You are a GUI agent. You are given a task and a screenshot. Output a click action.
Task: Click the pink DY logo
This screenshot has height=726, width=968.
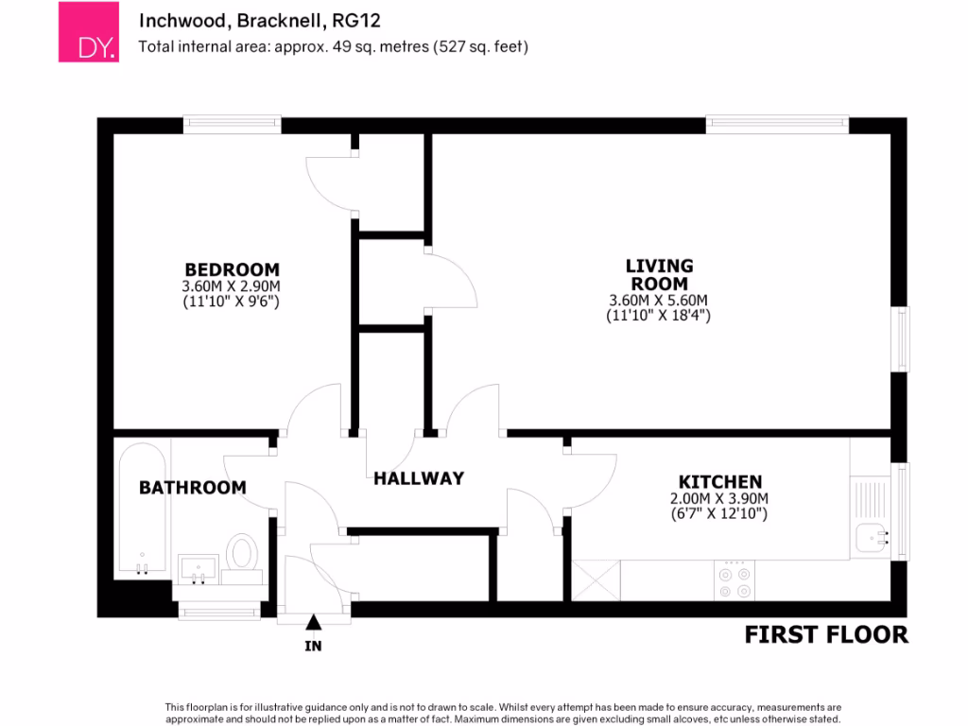coord(89,32)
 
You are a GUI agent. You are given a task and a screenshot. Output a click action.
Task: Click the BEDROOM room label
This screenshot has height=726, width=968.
coord(232,269)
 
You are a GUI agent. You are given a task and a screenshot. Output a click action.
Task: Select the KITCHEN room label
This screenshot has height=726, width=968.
coord(719,482)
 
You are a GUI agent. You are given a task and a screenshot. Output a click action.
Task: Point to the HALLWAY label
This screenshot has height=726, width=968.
coord(419,478)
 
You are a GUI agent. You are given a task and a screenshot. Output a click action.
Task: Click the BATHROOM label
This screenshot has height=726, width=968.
coord(192,488)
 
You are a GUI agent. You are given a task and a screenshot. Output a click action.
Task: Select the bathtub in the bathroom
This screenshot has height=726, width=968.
coord(141,510)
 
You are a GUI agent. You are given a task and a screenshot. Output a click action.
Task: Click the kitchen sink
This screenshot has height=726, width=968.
coord(873,538)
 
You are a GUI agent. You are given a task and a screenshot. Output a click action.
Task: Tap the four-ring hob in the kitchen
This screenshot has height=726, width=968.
coord(735,580)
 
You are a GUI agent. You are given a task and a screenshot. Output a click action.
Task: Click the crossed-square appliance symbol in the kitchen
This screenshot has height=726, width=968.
coord(596,579)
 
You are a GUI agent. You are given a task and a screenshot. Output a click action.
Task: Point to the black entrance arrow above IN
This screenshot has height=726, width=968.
coord(313,621)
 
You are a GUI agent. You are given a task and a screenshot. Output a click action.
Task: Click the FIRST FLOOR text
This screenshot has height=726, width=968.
coord(825,634)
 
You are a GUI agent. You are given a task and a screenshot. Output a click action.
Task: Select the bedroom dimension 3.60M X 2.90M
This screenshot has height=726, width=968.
coord(232,287)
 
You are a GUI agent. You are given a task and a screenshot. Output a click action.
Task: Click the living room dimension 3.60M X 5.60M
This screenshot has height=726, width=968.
coord(659,301)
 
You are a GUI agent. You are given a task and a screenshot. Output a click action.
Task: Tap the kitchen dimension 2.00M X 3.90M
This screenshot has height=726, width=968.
coord(719,499)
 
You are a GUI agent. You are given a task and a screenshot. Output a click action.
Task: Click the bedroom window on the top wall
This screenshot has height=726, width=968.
coord(232,124)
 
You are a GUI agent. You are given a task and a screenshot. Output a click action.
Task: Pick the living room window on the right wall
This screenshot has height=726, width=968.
coord(903,338)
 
